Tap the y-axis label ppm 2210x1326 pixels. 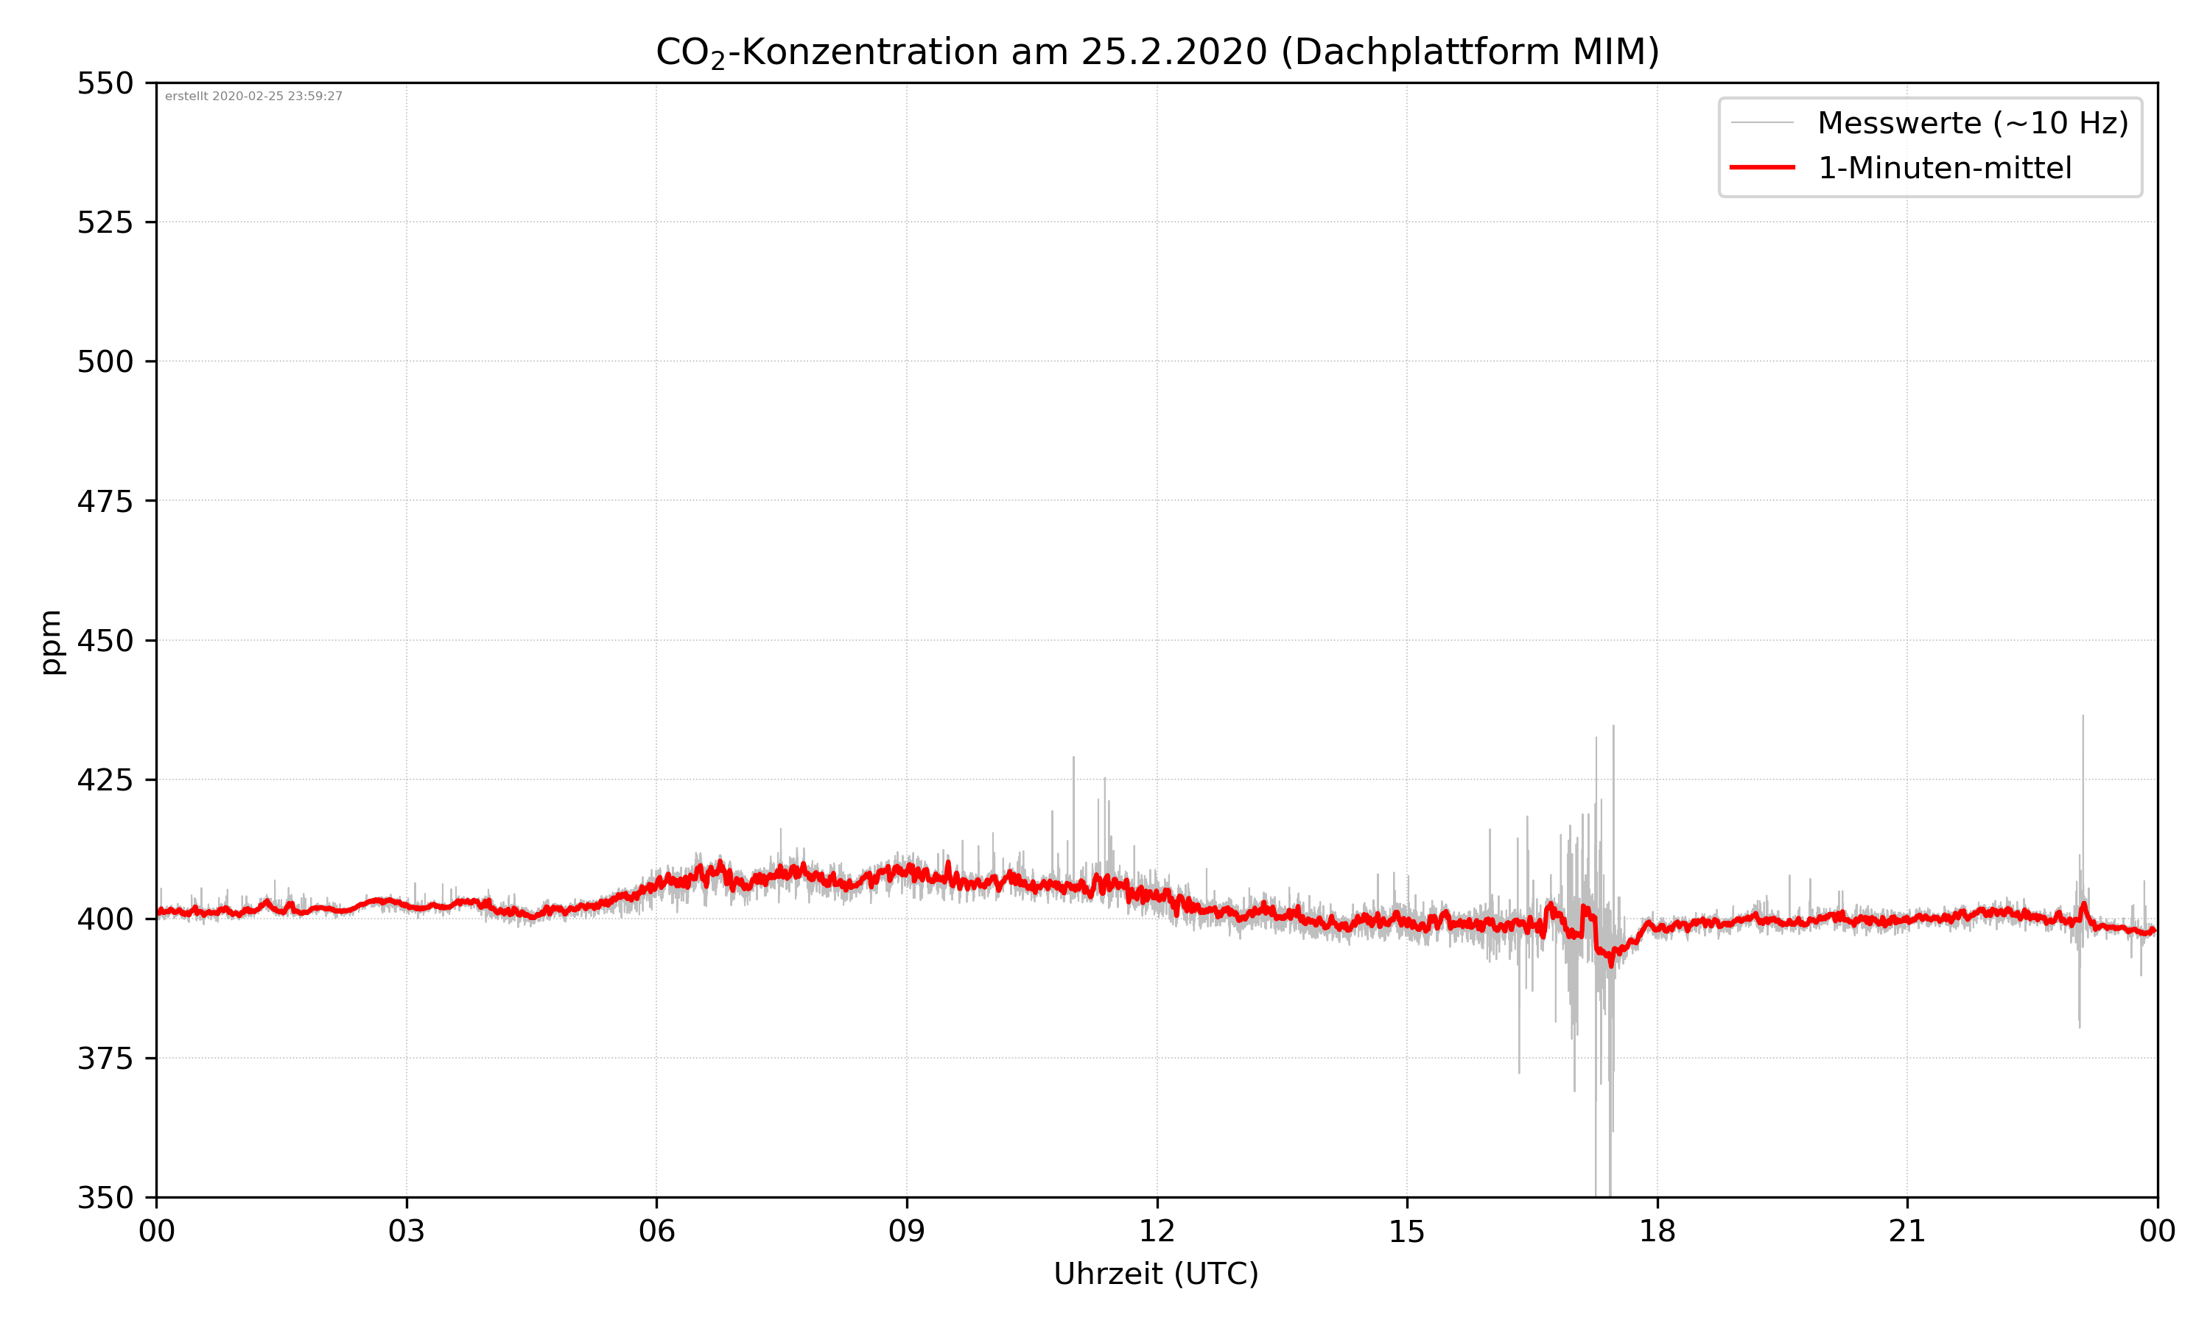51,642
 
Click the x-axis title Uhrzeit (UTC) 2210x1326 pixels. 1156,1273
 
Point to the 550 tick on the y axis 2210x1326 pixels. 105,84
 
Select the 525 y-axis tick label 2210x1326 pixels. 105,222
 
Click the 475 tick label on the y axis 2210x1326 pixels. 105,501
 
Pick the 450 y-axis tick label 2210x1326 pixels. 105,641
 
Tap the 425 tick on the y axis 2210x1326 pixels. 105,780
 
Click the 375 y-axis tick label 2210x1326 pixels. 105,1059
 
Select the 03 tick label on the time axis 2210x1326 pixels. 407,1231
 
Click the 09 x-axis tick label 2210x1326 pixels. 907,1231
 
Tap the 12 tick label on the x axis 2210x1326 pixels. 1157,1231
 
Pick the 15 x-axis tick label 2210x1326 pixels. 1407,1231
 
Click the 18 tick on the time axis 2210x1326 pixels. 1657,1231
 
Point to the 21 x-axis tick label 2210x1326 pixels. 1907,1231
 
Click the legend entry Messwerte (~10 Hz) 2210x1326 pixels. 1972,123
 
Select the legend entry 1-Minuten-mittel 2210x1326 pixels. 1944,168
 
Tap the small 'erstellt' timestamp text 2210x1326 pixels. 253,97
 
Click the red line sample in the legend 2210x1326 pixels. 1761,167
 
